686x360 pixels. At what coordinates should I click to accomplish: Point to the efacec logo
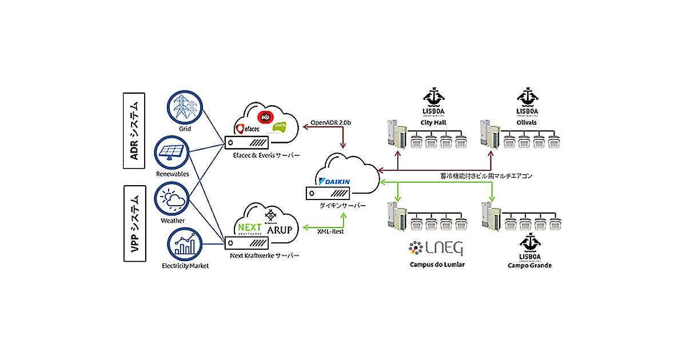pyautogui.click(x=248, y=128)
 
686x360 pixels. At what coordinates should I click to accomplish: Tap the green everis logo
pyautogui.click(x=280, y=126)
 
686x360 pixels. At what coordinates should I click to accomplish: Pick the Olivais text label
pyautogui.click(x=529, y=122)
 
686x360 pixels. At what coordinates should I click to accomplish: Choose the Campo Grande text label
pyautogui.click(x=529, y=266)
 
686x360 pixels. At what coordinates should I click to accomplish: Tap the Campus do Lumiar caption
pyautogui.click(x=437, y=265)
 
